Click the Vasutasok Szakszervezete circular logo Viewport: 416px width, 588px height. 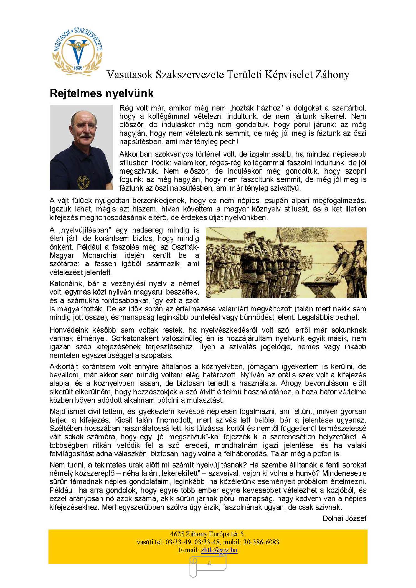pyautogui.click(x=78, y=52)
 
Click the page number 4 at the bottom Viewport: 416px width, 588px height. pyautogui.click(x=209, y=563)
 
